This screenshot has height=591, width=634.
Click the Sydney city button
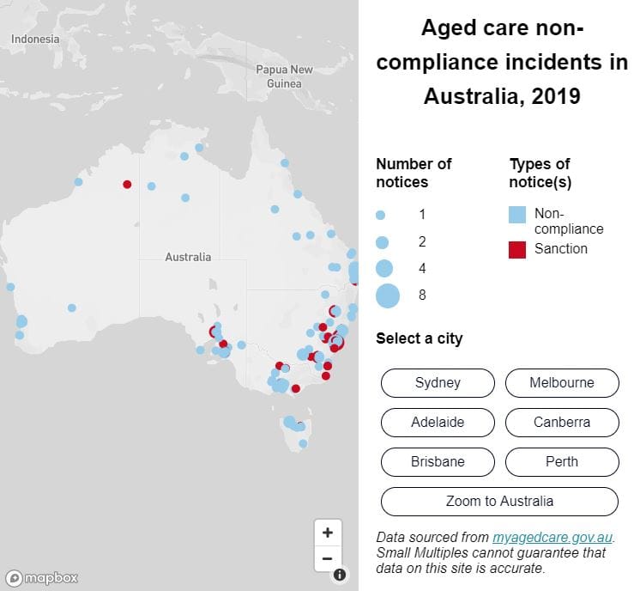438,383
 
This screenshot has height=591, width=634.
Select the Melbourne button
562,383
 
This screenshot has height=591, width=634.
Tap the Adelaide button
438,423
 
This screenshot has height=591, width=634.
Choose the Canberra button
562,423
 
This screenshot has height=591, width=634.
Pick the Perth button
562,462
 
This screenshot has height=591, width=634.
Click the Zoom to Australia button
499,502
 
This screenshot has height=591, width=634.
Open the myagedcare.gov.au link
553,538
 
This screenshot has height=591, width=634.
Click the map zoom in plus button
328,533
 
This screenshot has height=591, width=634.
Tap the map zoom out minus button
328,558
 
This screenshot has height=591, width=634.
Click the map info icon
340,575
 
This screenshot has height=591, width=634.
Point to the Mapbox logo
42,578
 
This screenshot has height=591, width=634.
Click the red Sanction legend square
517,249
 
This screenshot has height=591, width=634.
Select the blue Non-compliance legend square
517,215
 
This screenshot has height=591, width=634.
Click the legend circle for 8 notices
387,295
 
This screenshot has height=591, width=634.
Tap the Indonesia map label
35,40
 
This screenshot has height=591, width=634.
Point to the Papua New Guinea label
284,76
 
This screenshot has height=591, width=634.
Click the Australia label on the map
188,257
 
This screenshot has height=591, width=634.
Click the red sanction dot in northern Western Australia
127,184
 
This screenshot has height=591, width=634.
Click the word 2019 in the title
556,96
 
